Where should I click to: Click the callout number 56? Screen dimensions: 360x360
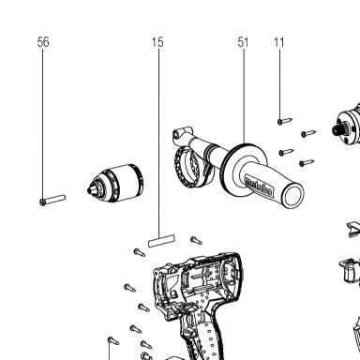coord(43,42)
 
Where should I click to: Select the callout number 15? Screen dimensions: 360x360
coord(157,42)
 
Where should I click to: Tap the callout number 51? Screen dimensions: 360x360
coord(243,42)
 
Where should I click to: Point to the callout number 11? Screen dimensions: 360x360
coord(279,42)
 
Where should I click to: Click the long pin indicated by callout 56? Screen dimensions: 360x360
coord(52,200)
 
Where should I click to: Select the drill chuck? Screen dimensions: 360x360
coord(115,184)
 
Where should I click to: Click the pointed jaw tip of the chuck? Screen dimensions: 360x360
coord(89,189)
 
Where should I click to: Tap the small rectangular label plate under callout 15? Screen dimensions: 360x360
coord(161,241)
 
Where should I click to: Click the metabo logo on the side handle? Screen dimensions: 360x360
coord(259,187)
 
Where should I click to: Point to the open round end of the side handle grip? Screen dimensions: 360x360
coord(293,195)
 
